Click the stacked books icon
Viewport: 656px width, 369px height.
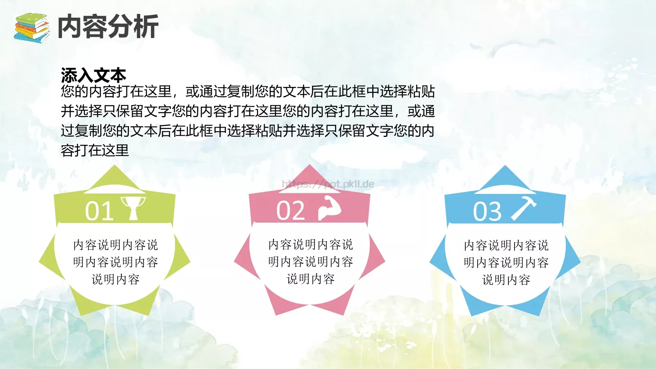click(x=32, y=27)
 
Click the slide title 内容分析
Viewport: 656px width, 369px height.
click(x=108, y=27)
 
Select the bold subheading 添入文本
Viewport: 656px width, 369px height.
click(x=93, y=75)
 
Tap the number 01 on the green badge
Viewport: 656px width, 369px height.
click(x=99, y=211)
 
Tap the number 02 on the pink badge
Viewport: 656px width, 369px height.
click(x=291, y=211)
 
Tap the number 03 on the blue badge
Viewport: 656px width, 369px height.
click(x=487, y=212)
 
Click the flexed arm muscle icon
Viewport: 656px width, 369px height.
click(x=330, y=208)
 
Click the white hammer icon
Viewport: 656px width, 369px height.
click(x=524, y=208)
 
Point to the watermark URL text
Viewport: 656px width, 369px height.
click(x=328, y=184)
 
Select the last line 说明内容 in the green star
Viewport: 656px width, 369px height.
click(x=116, y=280)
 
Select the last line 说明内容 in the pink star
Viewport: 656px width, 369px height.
click(x=311, y=279)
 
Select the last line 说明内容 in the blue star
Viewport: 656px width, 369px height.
click(x=506, y=280)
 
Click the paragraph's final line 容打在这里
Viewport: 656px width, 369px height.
click(x=95, y=150)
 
